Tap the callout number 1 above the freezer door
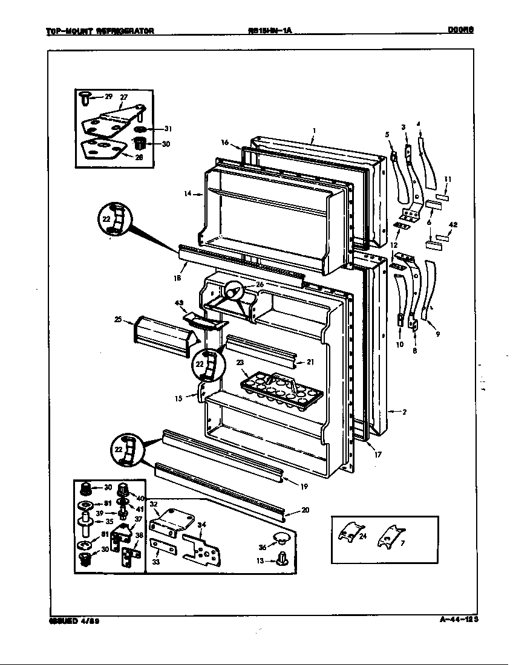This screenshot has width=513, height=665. pos(315,129)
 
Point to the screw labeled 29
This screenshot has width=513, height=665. pos(86,97)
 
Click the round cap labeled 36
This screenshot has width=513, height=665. pos(281,537)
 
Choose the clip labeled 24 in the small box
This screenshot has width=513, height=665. pos(350,532)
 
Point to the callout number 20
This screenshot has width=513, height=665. pos(305,510)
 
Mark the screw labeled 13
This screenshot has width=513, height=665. pos(281,559)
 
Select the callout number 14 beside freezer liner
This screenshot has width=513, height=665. pos(188,193)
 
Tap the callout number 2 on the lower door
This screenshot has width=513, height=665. pos(404,412)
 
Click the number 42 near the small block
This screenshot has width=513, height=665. pos(453,224)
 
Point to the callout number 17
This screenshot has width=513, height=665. pos(377,455)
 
